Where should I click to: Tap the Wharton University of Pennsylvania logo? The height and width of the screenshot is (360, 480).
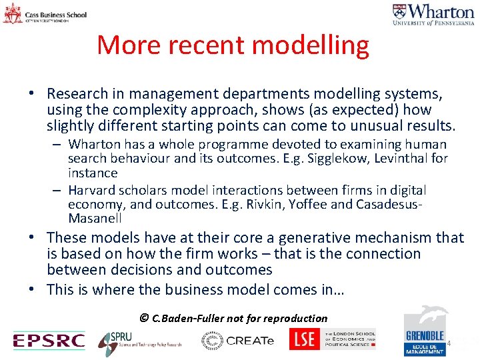pos(433,15)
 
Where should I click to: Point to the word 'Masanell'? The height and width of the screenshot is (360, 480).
pos(95,219)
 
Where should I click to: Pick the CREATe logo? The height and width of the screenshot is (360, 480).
pos(238,341)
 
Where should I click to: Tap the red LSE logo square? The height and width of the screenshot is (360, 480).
pos(305,339)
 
